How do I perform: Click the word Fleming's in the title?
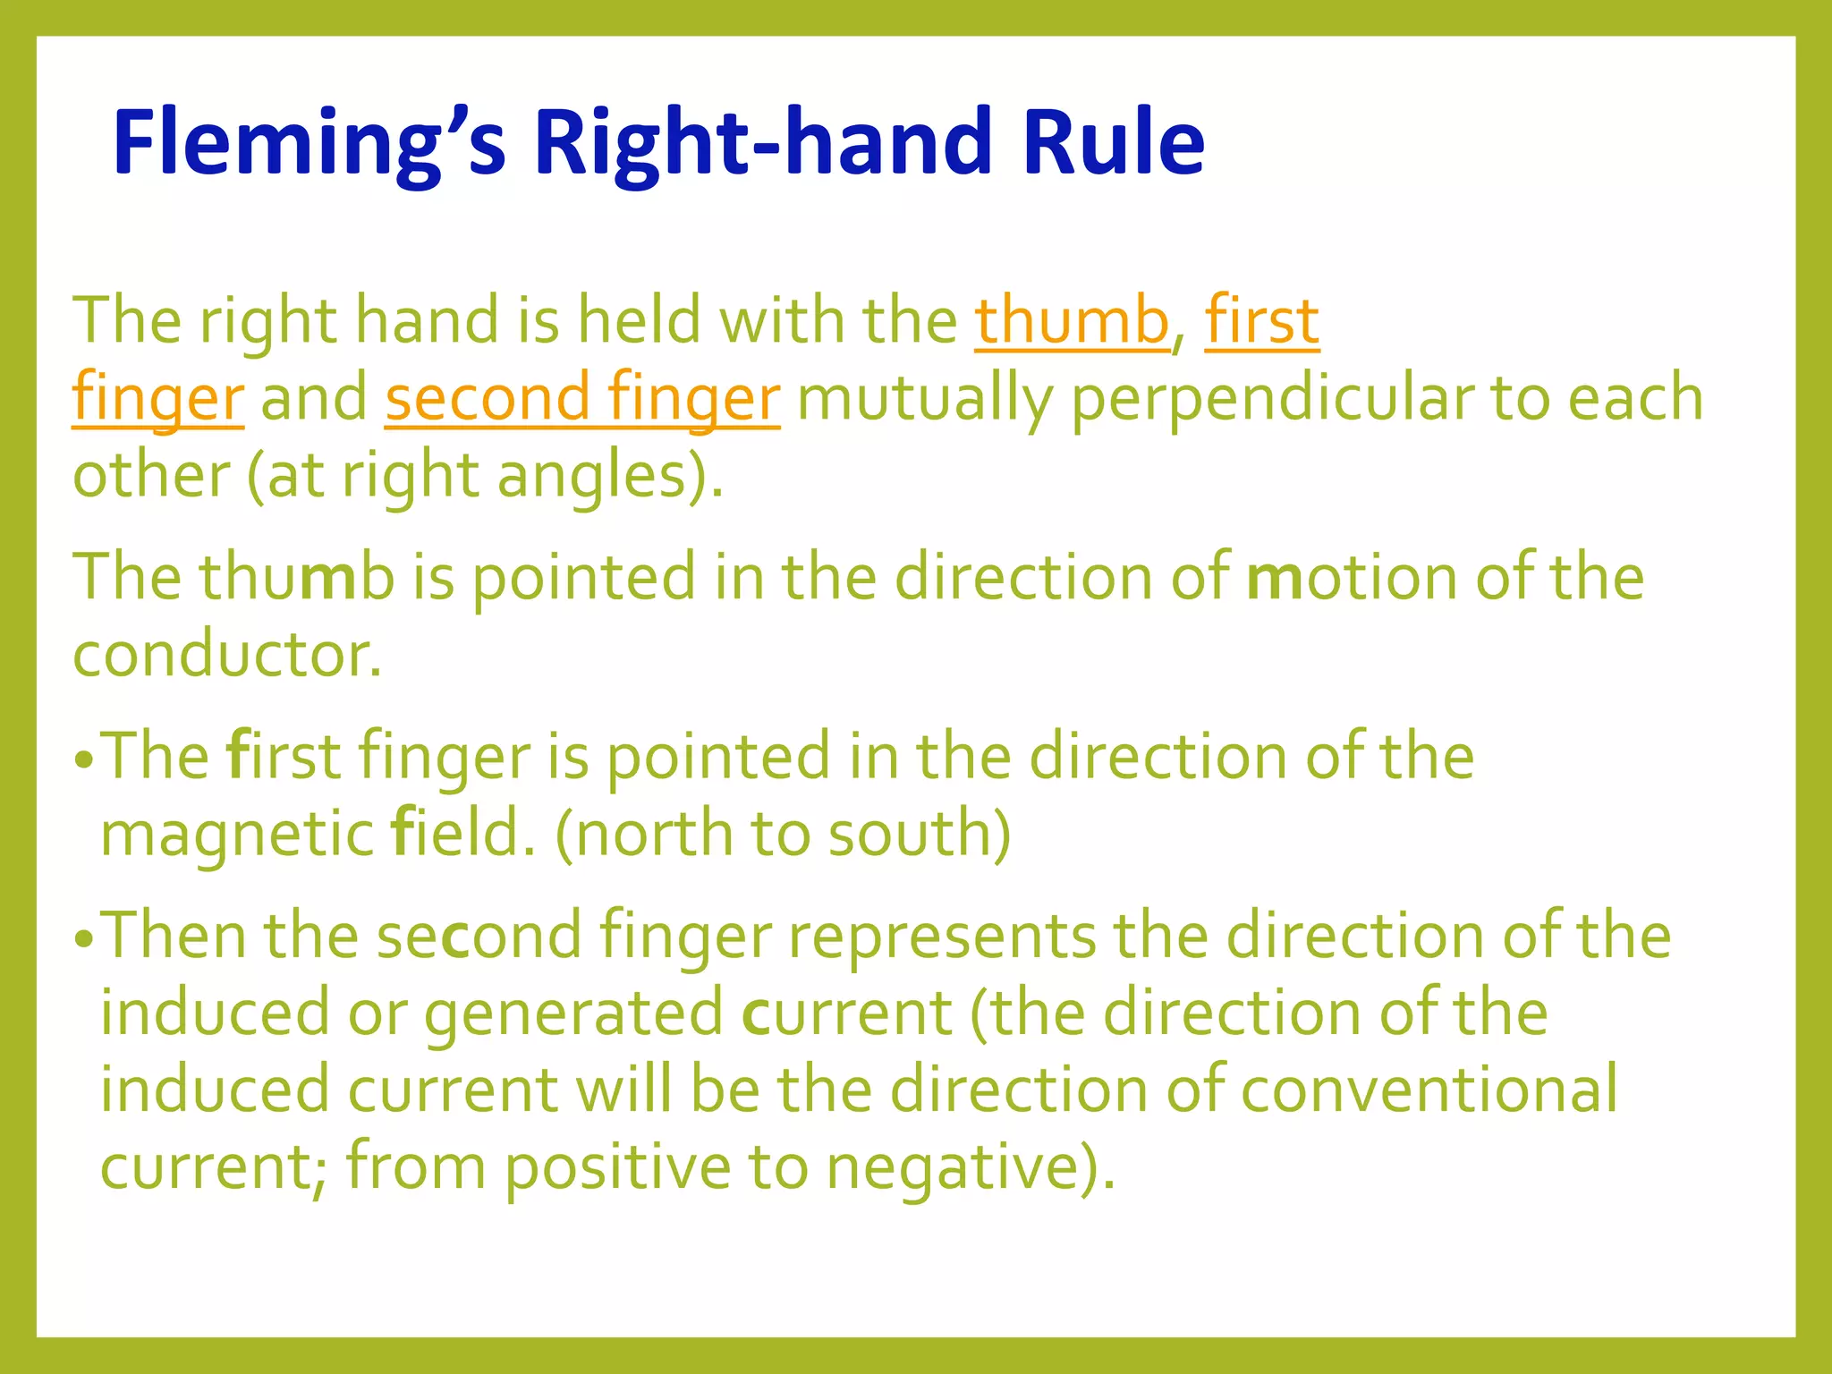coord(310,143)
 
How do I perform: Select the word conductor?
coord(226,655)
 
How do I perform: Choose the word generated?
coord(572,1014)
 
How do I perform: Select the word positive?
coord(618,1167)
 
